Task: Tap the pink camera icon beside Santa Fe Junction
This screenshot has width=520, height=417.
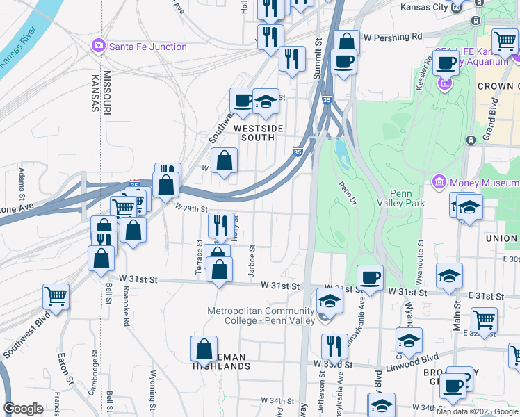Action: (98, 47)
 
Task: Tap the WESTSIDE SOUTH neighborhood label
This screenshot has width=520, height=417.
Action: (259, 133)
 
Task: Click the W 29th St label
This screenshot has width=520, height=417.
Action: (192, 208)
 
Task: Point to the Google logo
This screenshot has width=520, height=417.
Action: (23, 409)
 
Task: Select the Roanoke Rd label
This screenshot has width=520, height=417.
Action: (127, 309)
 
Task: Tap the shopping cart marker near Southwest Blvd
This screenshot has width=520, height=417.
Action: (56, 296)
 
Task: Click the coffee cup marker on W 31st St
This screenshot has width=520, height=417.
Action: (370, 277)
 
